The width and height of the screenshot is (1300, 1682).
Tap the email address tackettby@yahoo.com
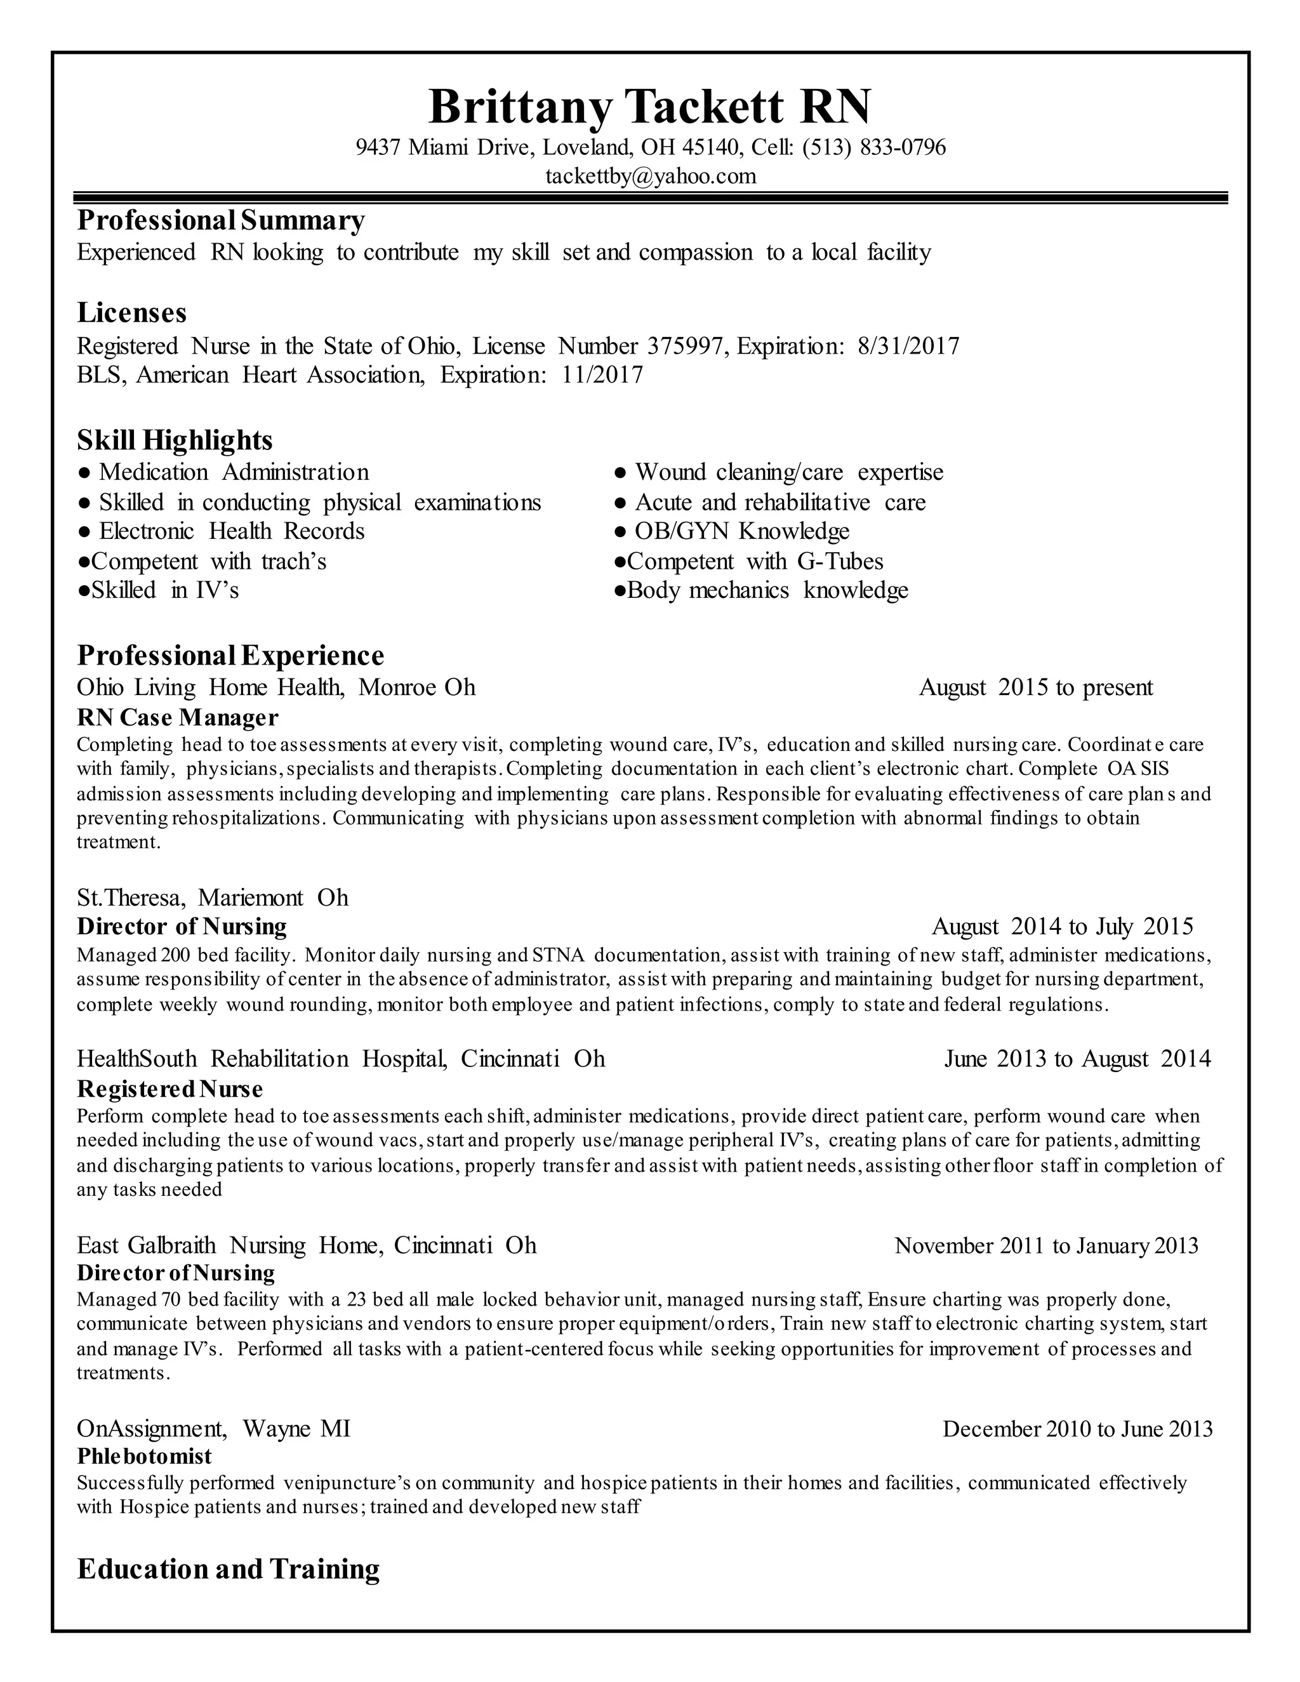(x=651, y=176)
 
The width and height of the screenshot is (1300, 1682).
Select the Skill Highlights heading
(x=175, y=440)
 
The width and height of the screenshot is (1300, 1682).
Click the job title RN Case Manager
(x=177, y=718)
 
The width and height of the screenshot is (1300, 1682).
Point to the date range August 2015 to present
(x=1036, y=688)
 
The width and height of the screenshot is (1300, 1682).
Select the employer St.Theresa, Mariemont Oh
(x=213, y=898)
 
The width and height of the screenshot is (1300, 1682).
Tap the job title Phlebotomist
(x=144, y=1456)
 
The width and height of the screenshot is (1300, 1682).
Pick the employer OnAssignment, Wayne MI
(x=213, y=1429)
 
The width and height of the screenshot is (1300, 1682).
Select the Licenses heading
(x=131, y=313)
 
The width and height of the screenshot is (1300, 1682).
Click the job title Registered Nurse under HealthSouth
(x=169, y=1089)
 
